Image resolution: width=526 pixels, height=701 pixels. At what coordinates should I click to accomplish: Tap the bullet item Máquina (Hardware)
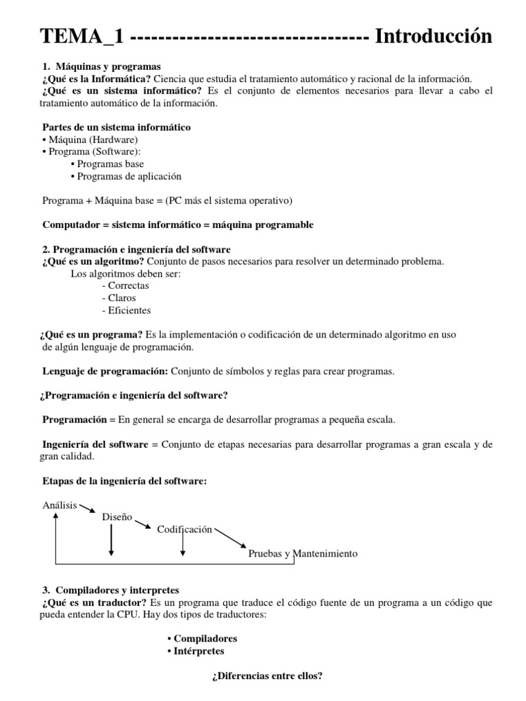point(93,140)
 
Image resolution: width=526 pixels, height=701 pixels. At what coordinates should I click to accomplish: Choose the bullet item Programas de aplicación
point(129,176)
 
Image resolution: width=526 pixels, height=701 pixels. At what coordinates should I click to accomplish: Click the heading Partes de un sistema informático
point(116,127)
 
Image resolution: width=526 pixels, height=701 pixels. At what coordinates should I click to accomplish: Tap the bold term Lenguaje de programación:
point(105,371)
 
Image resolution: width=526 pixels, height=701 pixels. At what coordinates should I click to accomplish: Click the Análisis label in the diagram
point(60,505)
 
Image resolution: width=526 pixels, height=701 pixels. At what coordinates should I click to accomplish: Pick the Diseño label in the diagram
point(117,517)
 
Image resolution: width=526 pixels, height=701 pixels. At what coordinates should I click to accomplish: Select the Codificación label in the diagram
point(185,529)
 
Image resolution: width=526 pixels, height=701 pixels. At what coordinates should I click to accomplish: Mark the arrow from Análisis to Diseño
point(90,509)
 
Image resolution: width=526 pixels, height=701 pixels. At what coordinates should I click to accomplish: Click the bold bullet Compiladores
point(203,639)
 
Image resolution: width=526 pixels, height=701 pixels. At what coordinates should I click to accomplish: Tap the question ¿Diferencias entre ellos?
point(267,675)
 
